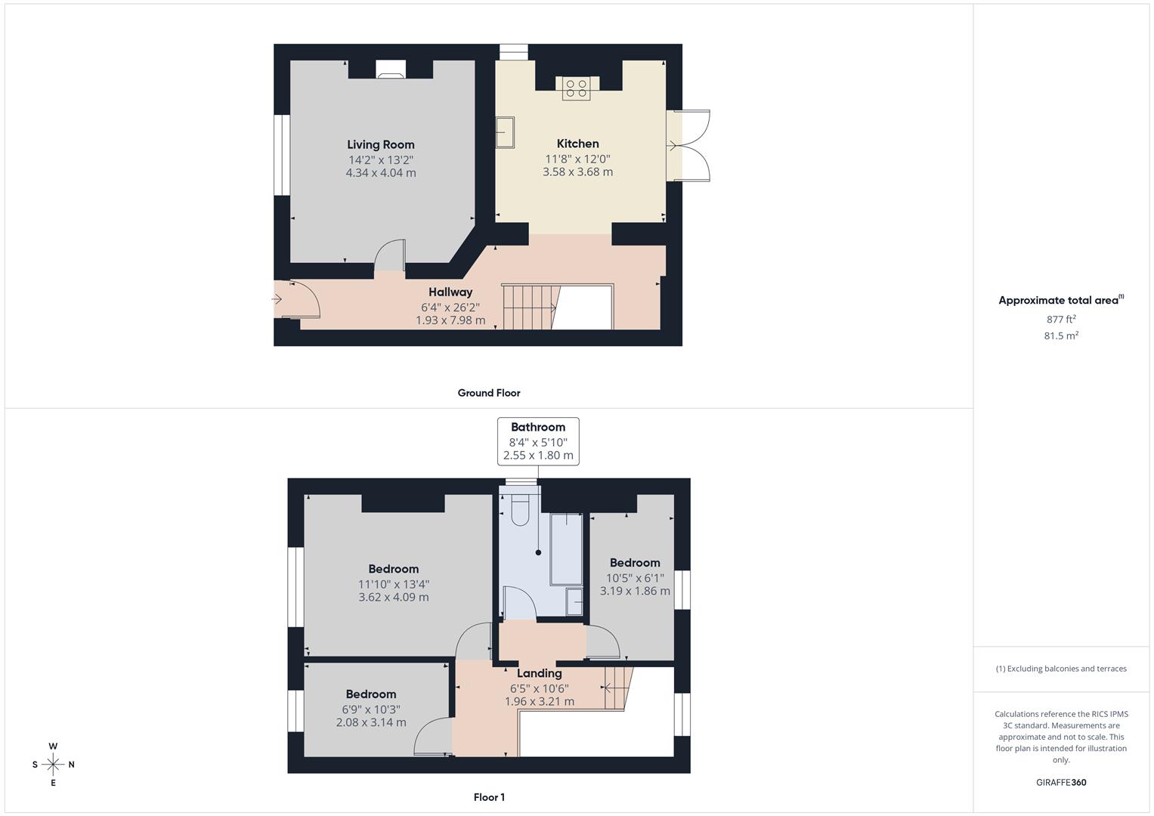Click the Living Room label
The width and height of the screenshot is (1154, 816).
click(x=381, y=144)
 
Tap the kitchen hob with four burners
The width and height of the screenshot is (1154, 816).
click(x=577, y=88)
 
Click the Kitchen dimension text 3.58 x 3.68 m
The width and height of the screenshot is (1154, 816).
click(x=577, y=172)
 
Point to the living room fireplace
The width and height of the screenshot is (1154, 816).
click(x=391, y=70)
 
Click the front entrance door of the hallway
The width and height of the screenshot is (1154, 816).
click(x=296, y=299)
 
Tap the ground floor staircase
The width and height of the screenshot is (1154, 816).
click(x=530, y=307)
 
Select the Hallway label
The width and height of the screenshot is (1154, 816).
click(x=450, y=292)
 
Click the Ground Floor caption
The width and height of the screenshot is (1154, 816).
click(x=489, y=393)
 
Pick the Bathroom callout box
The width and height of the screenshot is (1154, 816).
click(x=538, y=441)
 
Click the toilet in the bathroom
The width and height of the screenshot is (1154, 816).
click(x=520, y=511)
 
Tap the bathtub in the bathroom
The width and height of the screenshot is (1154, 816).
click(x=566, y=549)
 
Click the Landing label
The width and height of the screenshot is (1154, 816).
click(x=539, y=673)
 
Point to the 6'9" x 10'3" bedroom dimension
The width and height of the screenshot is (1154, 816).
click(x=371, y=709)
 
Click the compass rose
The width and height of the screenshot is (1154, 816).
click(x=53, y=764)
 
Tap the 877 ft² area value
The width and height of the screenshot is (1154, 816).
click(x=1061, y=320)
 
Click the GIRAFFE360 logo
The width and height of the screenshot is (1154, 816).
click(x=1061, y=783)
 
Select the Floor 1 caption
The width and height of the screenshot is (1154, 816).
click(x=489, y=797)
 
